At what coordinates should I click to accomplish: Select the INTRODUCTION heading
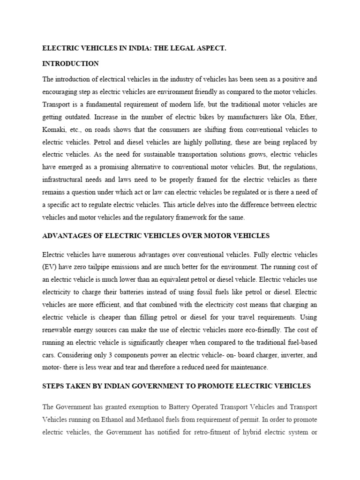click(70, 64)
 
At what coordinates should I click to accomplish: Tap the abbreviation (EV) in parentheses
click(49, 267)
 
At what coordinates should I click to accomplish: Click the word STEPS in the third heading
click(53, 386)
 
